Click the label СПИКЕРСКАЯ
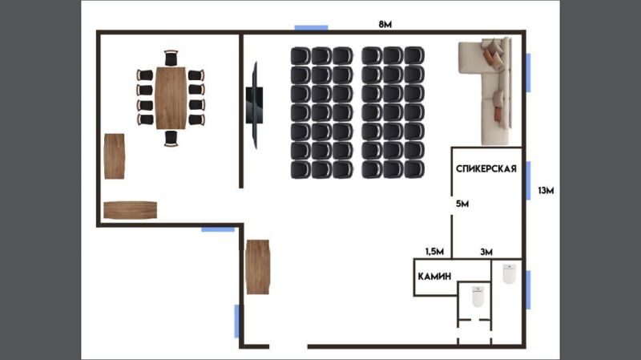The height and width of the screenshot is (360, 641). pos(485,168)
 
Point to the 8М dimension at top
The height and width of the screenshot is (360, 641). pos(385,24)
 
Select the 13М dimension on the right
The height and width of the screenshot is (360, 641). pos(546,191)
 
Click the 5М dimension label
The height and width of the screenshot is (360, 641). pos(462,204)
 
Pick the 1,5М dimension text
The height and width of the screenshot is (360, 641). pos(433,252)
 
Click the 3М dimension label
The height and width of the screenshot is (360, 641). pos(486,252)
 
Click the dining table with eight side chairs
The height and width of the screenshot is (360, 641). pos(171,98)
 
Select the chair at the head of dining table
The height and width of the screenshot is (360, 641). pos(171,58)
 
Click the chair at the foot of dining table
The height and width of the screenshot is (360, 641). pos(171,139)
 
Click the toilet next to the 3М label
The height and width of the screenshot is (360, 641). pos(507,274)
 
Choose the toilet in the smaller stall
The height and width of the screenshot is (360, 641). pos(478,297)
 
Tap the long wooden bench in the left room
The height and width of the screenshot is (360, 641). pos(131,210)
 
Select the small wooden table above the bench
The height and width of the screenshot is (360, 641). pos(115,156)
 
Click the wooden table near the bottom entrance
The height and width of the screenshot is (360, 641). pos(258,267)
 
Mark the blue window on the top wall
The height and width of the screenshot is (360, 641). pos(311,28)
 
